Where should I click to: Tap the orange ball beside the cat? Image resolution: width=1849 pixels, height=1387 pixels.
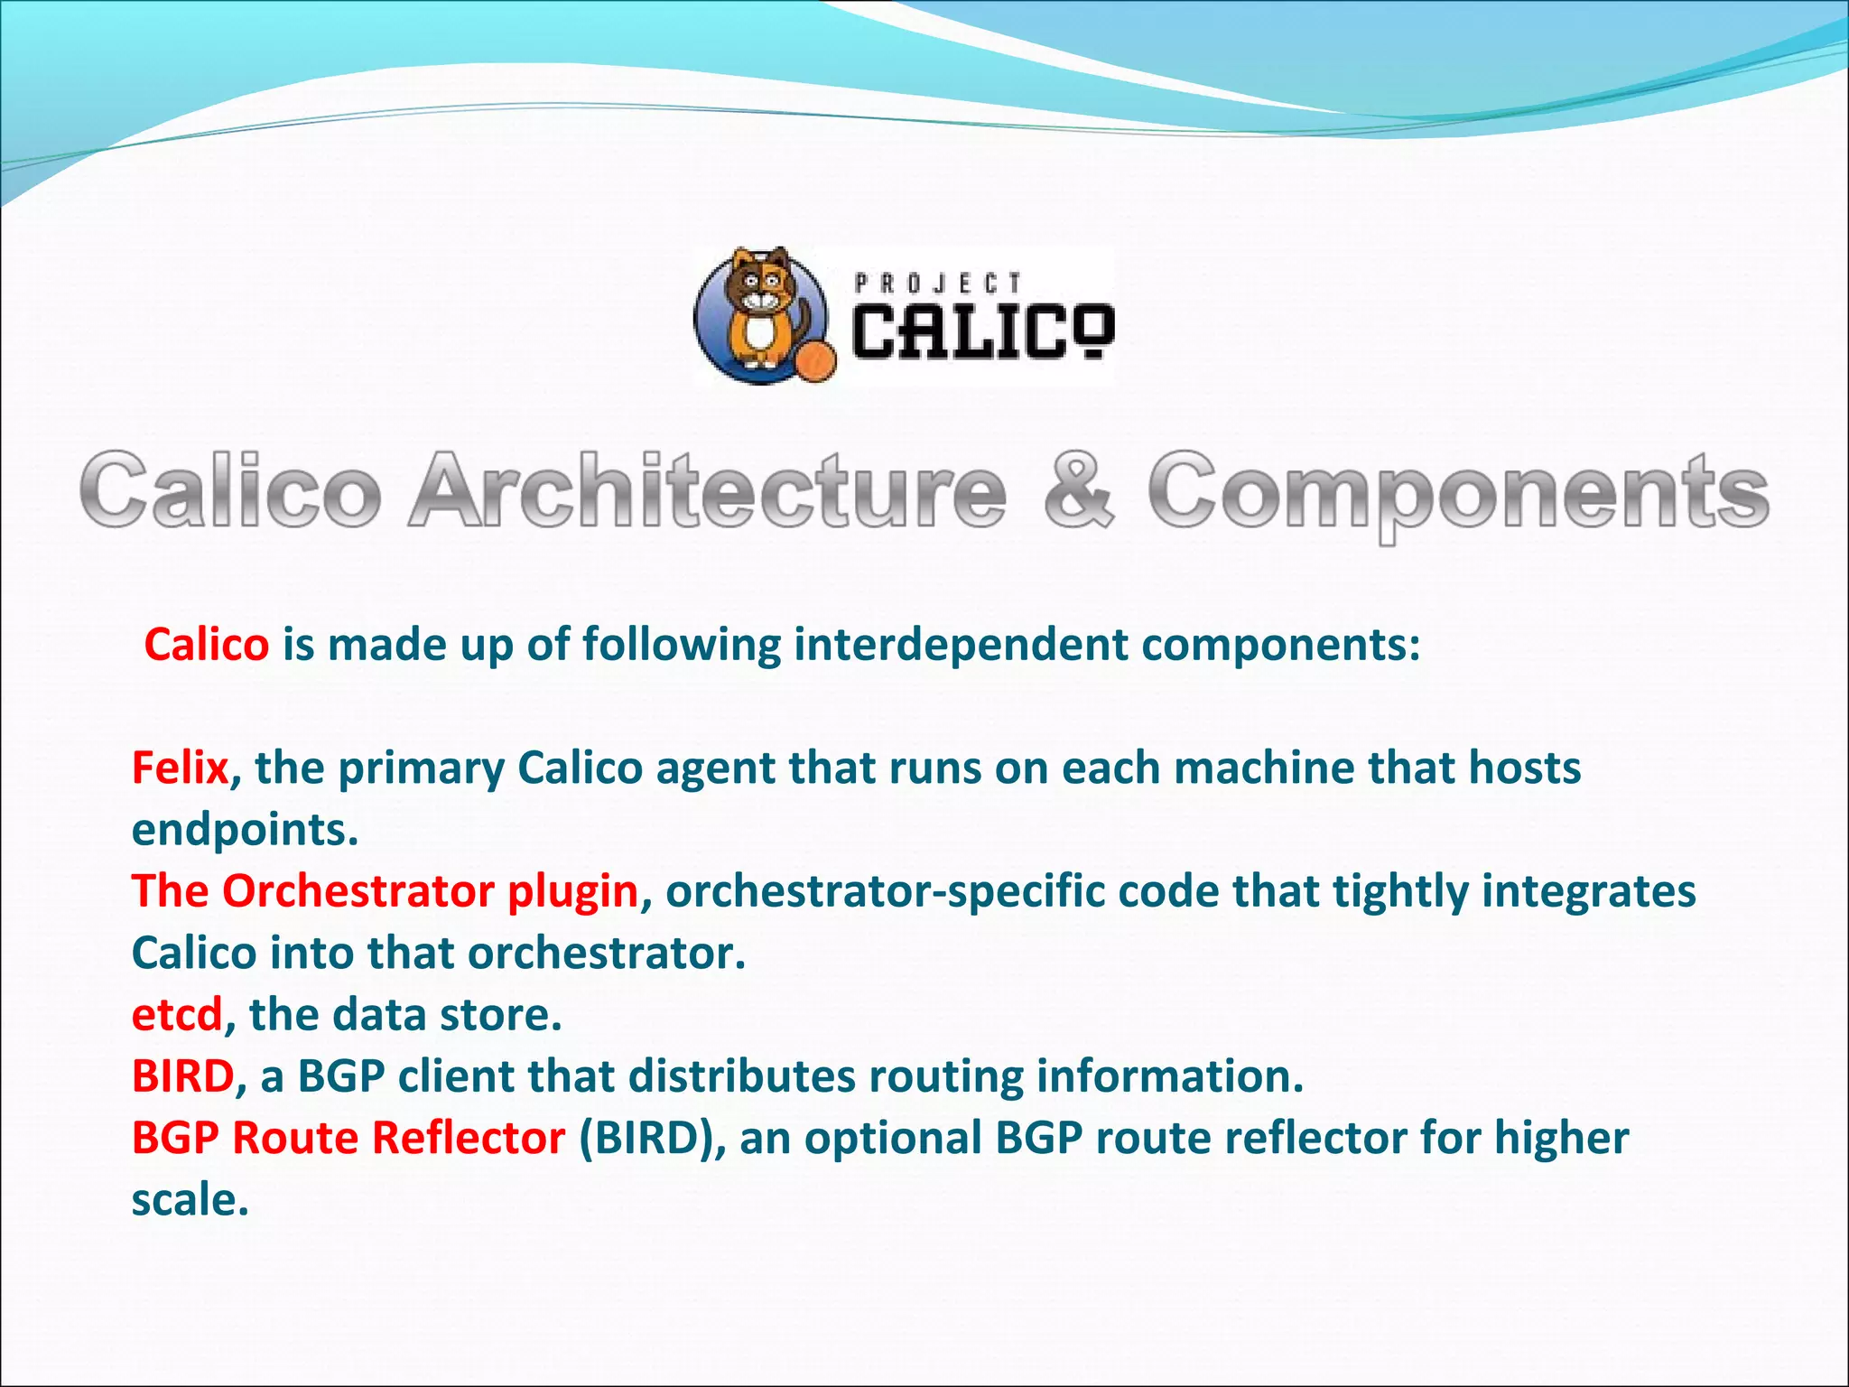815,361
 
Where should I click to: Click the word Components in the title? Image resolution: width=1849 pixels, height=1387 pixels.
1457,492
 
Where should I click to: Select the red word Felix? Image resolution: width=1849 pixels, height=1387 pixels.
181,768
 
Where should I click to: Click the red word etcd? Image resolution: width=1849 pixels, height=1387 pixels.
177,1015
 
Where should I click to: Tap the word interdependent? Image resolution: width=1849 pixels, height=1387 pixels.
961,645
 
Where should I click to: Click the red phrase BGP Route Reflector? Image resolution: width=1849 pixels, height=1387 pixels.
348,1138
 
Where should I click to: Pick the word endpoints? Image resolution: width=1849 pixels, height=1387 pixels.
245,830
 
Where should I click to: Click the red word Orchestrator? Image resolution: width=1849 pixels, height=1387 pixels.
358,891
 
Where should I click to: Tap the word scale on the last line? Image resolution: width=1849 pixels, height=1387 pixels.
190,1200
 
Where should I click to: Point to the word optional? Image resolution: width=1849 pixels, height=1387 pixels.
892,1139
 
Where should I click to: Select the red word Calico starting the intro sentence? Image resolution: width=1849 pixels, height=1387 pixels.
207,645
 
